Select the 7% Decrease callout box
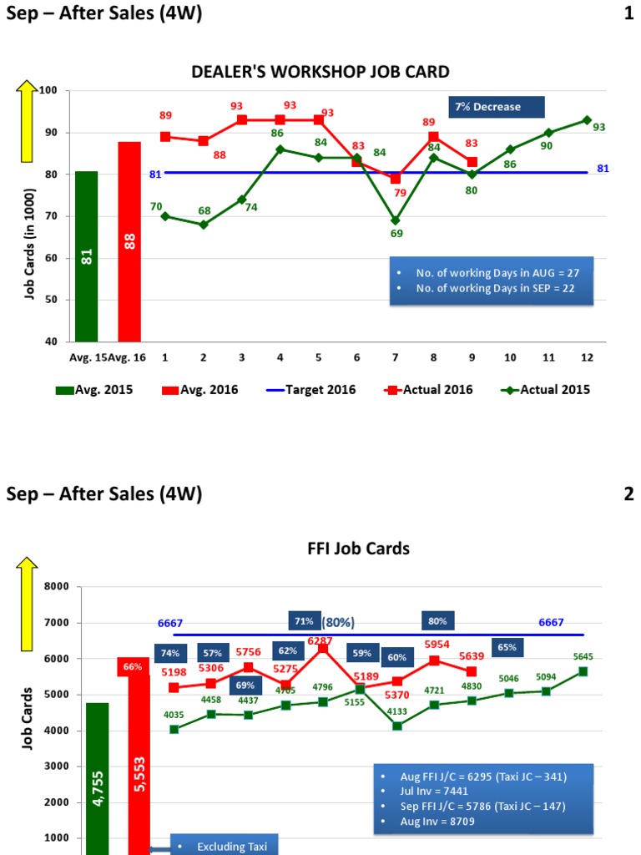(x=497, y=107)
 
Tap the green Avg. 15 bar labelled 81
(x=87, y=256)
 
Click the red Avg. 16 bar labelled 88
(x=129, y=242)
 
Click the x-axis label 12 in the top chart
(x=587, y=357)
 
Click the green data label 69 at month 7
(x=396, y=234)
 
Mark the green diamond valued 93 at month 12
(x=587, y=120)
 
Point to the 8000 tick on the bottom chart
(x=53, y=587)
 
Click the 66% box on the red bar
(x=133, y=667)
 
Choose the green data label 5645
(x=583, y=656)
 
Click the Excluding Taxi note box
(x=223, y=845)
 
